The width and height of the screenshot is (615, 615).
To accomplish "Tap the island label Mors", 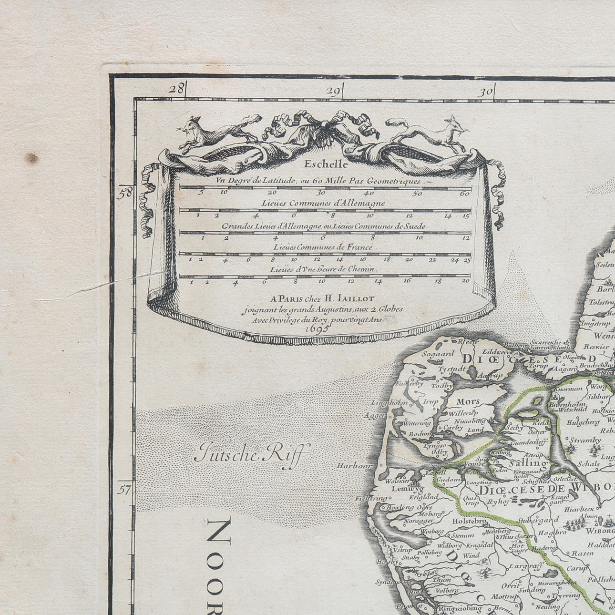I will coord(468,401).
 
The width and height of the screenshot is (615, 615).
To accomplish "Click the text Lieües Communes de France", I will coord(323,247).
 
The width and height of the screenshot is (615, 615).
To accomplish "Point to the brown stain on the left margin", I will coord(32,157).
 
